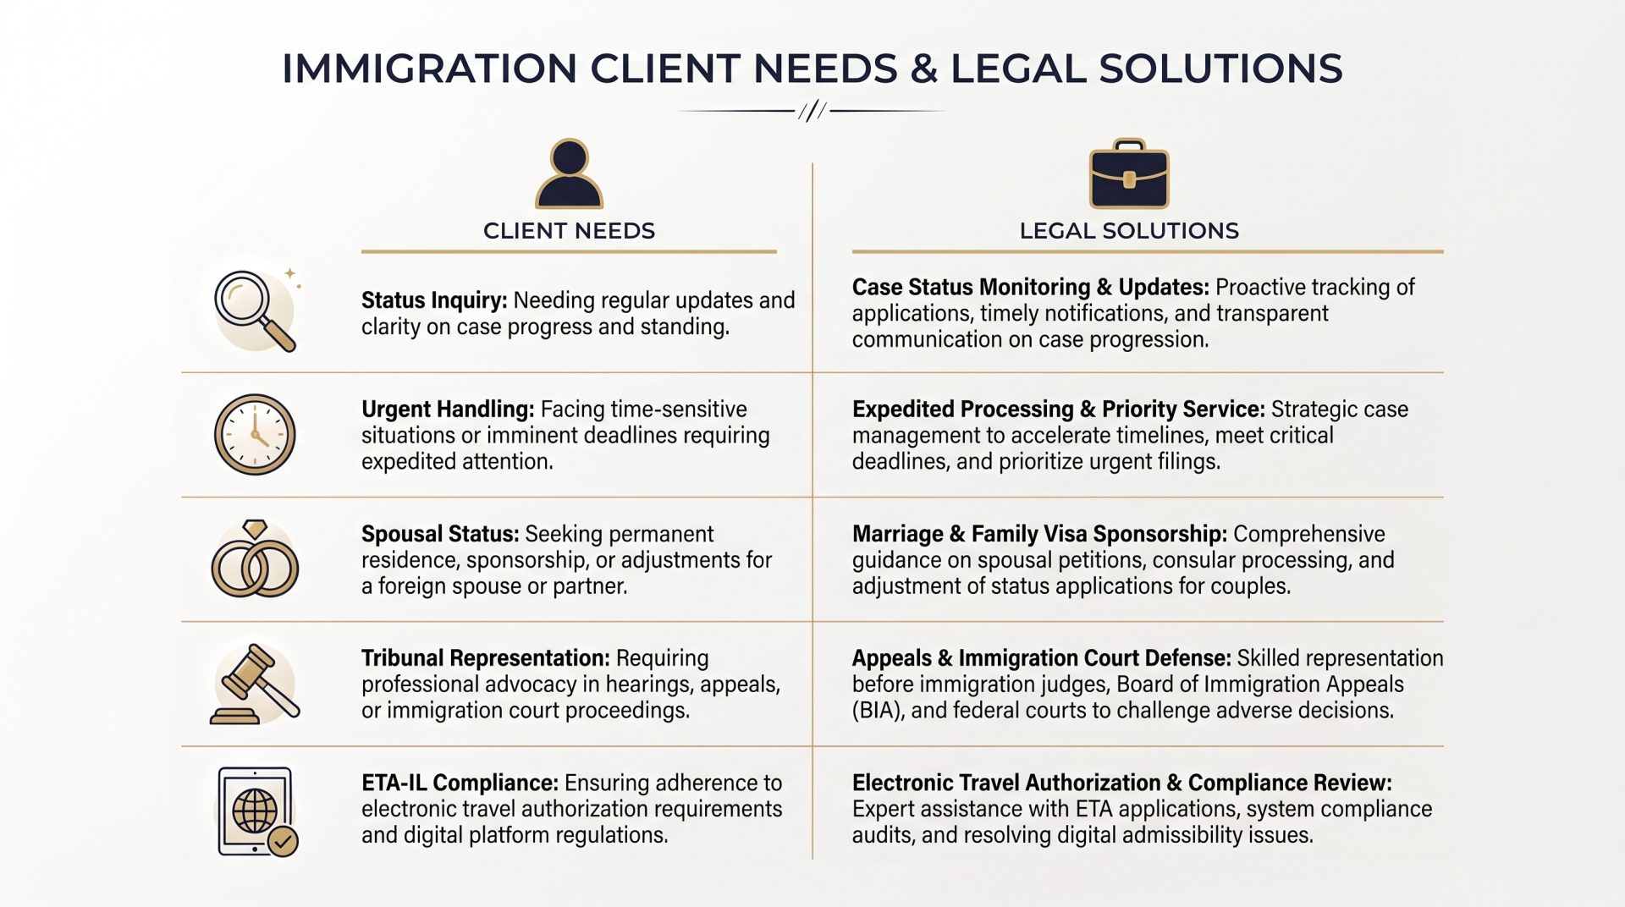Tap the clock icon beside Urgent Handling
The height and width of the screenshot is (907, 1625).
pos(255,435)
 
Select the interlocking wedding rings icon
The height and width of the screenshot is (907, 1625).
pos(255,559)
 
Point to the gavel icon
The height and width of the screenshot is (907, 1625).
pos(255,684)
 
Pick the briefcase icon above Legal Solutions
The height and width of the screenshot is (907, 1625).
pos(1129,173)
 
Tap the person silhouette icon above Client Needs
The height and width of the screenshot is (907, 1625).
pos(569,173)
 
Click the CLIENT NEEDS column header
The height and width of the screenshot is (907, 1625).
pos(569,231)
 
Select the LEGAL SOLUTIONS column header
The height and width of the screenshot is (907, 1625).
pos(1129,231)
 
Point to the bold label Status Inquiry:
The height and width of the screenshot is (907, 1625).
pos(434,300)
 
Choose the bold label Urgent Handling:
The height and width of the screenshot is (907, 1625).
pos(448,410)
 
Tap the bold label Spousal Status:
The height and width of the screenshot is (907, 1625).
pos(440,534)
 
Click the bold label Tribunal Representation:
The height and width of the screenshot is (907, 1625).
pos(486,658)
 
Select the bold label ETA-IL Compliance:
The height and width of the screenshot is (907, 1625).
pos(460,783)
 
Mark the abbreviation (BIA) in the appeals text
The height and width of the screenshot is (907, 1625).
pos(879,710)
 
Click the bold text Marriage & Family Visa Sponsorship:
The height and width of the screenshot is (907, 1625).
pos(1039,534)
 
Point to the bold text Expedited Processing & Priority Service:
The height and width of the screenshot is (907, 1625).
pos(1059,410)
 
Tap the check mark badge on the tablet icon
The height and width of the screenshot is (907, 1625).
pos(283,841)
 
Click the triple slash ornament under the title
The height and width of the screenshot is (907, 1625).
pos(812,111)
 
